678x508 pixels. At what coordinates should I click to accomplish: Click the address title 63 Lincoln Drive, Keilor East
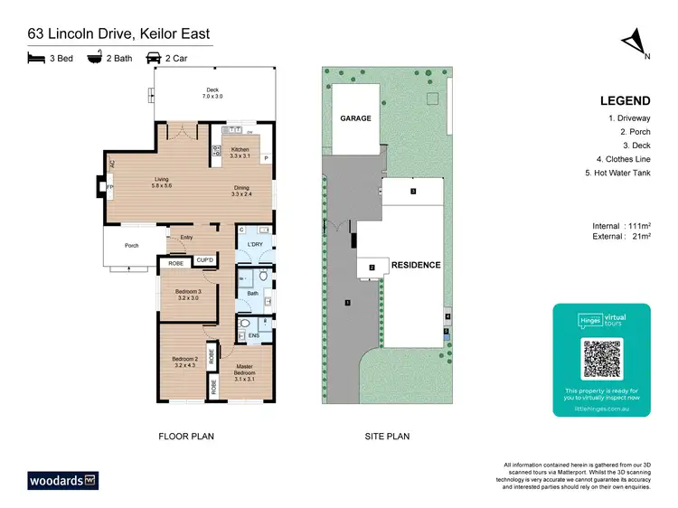(x=119, y=34)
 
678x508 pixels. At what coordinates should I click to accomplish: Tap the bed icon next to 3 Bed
(x=36, y=58)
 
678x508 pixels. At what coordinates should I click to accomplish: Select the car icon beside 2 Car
(x=154, y=58)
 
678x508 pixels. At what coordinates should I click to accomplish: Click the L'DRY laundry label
(x=253, y=245)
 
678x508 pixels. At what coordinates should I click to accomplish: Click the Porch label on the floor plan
(x=132, y=245)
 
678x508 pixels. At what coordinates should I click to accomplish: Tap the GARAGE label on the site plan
(x=355, y=118)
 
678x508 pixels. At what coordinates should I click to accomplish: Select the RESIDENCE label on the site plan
(x=416, y=265)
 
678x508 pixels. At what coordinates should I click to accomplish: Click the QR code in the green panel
(x=602, y=359)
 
